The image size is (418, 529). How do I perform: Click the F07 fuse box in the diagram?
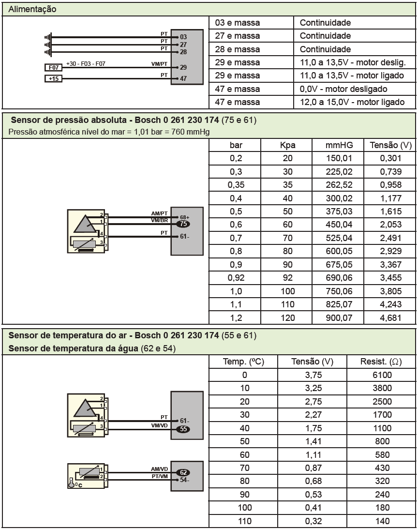[53, 68]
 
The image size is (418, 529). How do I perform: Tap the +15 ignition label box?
[53, 78]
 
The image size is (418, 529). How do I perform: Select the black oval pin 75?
[183, 224]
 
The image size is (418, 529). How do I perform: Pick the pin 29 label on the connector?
[183, 68]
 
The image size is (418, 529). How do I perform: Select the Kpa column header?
[287, 146]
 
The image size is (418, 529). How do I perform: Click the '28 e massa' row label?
[244, 49]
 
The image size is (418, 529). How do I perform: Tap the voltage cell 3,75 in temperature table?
[313, 375]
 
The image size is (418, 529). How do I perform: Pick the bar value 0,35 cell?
[235, 185]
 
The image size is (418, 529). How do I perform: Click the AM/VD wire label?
[160, 469]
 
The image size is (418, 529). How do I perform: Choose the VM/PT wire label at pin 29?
[160, 64]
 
